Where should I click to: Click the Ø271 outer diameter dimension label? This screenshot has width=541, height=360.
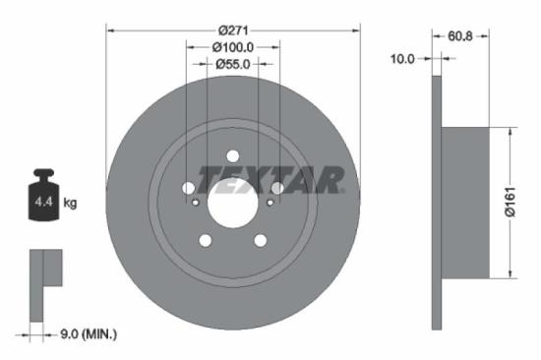pos(233,30)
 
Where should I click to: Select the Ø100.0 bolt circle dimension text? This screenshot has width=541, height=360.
pos(233,46)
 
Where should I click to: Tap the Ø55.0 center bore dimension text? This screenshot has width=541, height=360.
pos(233,63)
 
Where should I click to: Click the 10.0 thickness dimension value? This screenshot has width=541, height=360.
pos(402,59)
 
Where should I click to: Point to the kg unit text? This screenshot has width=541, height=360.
pos(70,204)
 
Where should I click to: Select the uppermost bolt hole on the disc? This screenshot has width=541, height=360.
pos(233,156)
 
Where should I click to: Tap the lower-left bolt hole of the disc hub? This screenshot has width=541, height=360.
pos(206,241)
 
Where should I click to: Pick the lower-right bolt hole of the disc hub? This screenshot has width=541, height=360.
pos(261,241)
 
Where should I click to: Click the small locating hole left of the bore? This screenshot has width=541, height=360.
pos(196,203)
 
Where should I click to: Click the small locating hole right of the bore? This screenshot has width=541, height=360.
pos(270,203)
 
